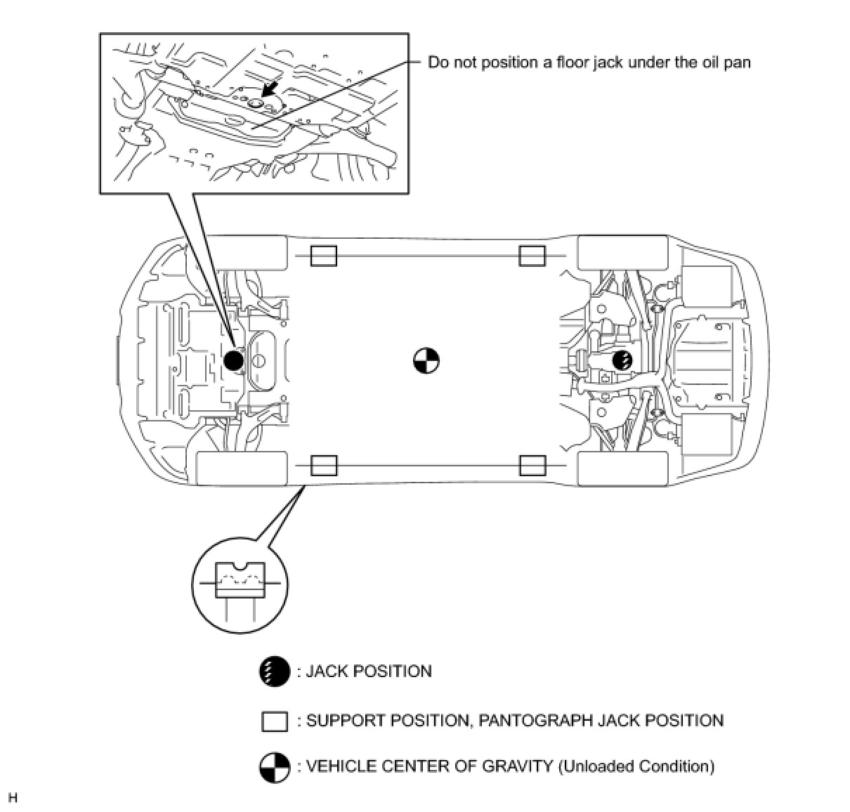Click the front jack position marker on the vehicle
coord(233,361)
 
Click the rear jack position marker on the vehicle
coord(622,361)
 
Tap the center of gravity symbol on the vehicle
coord(426,361)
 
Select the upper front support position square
coord(324,256)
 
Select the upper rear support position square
coord(532,256)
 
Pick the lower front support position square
coord(324,465)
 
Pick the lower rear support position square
coord(532,465)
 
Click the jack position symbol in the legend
coord(275,672)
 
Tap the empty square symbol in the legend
coord(275,721)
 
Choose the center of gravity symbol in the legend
coord(275,767)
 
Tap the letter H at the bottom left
coord(12,798)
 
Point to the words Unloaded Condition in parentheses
coord(636,766)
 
